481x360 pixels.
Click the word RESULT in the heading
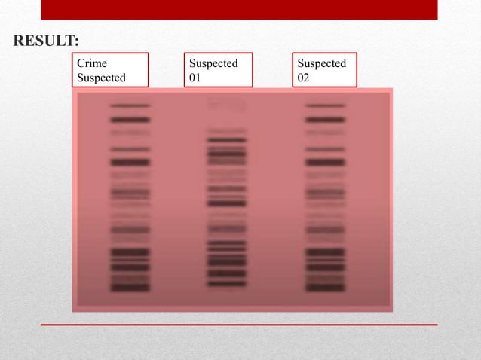(x=44, y=40)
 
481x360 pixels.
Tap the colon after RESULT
(x=78, y=41)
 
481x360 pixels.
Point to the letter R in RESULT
(x=18, y=40)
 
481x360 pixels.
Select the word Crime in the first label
(x=92, y=63)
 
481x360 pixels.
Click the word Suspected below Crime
(x=102, y=78)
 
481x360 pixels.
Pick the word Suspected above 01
(x=213, y=63)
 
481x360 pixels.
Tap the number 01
(x=195, y=78)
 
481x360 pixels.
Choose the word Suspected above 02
(x=322, y=63)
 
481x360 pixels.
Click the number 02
(x=304, y=78)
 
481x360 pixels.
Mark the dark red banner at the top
(x=239, y=9)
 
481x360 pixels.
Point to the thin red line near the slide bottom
(x=239, y=325)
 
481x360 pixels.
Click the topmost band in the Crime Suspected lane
(x=130, y=106)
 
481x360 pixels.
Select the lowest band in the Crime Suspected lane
(x=130, y=288)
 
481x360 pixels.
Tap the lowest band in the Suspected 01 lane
(x=227, y=284)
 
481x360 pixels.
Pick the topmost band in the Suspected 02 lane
(x=325, y=106)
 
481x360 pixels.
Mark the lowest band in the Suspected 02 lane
(x=325, y=288)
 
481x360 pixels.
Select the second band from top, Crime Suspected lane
(x=130, y=119)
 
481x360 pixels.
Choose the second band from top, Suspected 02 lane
(x=325, y=119)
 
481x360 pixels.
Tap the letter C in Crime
(x=81, y=63)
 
